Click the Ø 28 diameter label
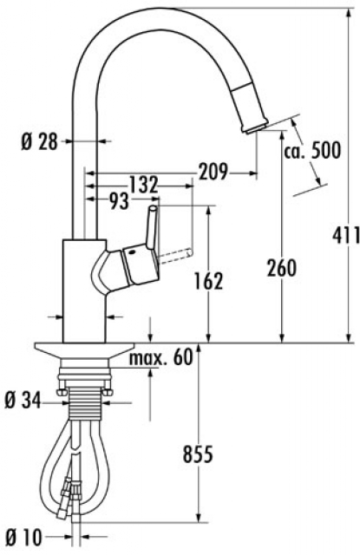click(39, 142)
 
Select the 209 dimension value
click(213, 172)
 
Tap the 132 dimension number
click(143, 185)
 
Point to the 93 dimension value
click(118, 201)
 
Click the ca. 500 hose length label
click(312, 150)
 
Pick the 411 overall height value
click(345, 235)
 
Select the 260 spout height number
click(282, 268)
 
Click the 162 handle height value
click(208, 281)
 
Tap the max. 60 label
click(160, 357)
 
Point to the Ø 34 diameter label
click(23, 401)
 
